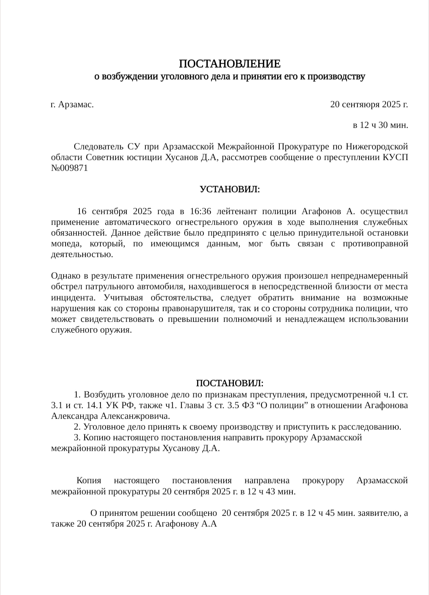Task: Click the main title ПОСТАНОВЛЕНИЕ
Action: [x=230, y=64]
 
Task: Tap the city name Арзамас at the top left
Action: [x=76, y=105]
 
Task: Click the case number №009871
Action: [x=70, y=168]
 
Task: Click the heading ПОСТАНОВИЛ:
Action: [x=230, y=383]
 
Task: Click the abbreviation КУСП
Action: [x=395, y=157]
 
